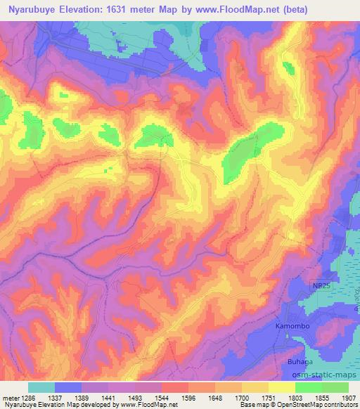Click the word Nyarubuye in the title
coord(30,8)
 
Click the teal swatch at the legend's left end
coord(41,387)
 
